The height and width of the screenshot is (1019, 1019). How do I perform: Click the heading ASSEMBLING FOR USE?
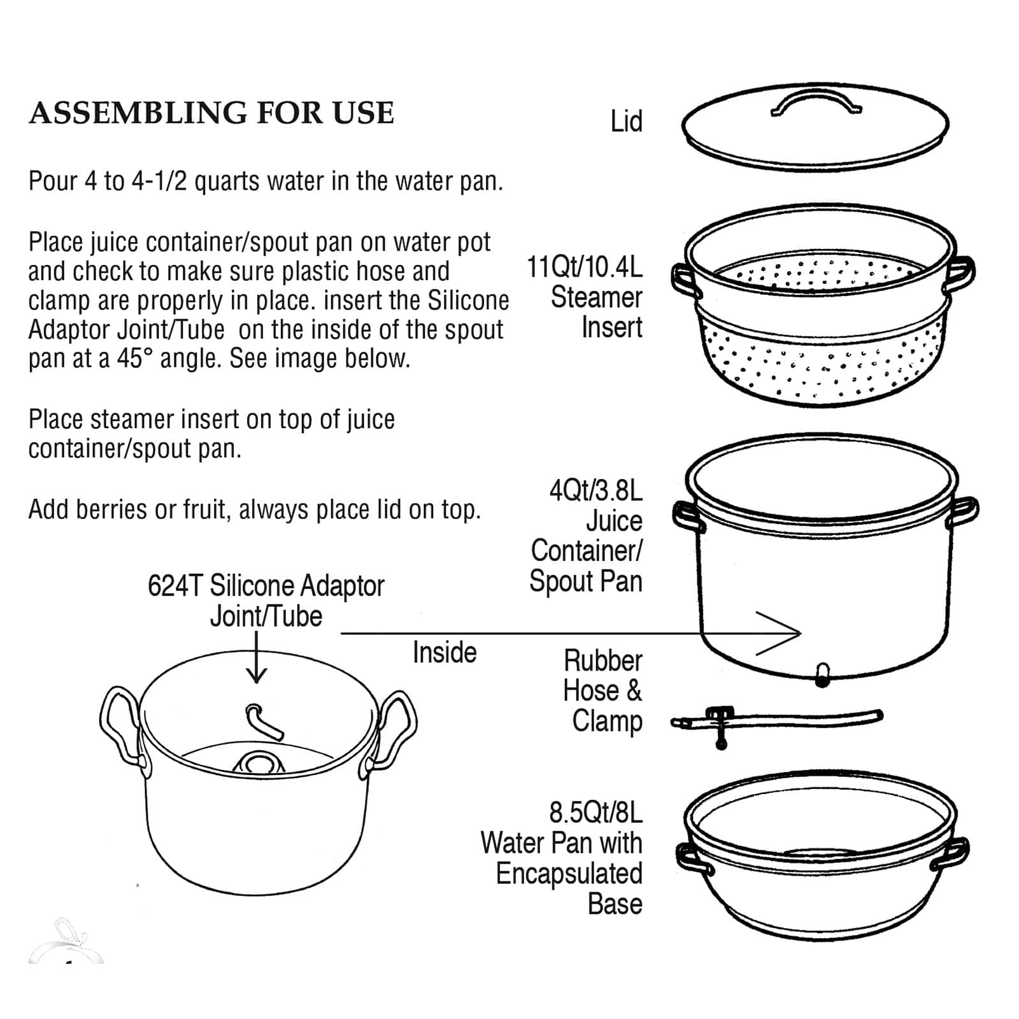(x=211, y=113)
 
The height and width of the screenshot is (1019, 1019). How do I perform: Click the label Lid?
(x=626, y=122)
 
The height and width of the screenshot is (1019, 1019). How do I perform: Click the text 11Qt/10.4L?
(x=584, y=267)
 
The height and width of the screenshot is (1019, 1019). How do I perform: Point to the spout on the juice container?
(x=822, y=674)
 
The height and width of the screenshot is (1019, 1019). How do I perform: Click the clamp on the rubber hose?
(x=720, y=723)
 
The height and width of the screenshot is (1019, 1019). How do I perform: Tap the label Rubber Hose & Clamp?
(x=602, y=691)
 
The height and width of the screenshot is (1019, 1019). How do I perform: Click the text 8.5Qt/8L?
(x=595, y=813)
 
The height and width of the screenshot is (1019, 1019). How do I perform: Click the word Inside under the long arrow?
(x=445, y=653)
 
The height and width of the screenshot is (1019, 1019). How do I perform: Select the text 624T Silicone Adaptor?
(x=266, y=586)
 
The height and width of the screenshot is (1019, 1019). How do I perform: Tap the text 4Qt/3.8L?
(x=595, y=491)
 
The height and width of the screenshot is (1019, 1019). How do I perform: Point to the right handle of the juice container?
(x=963, y=511)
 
